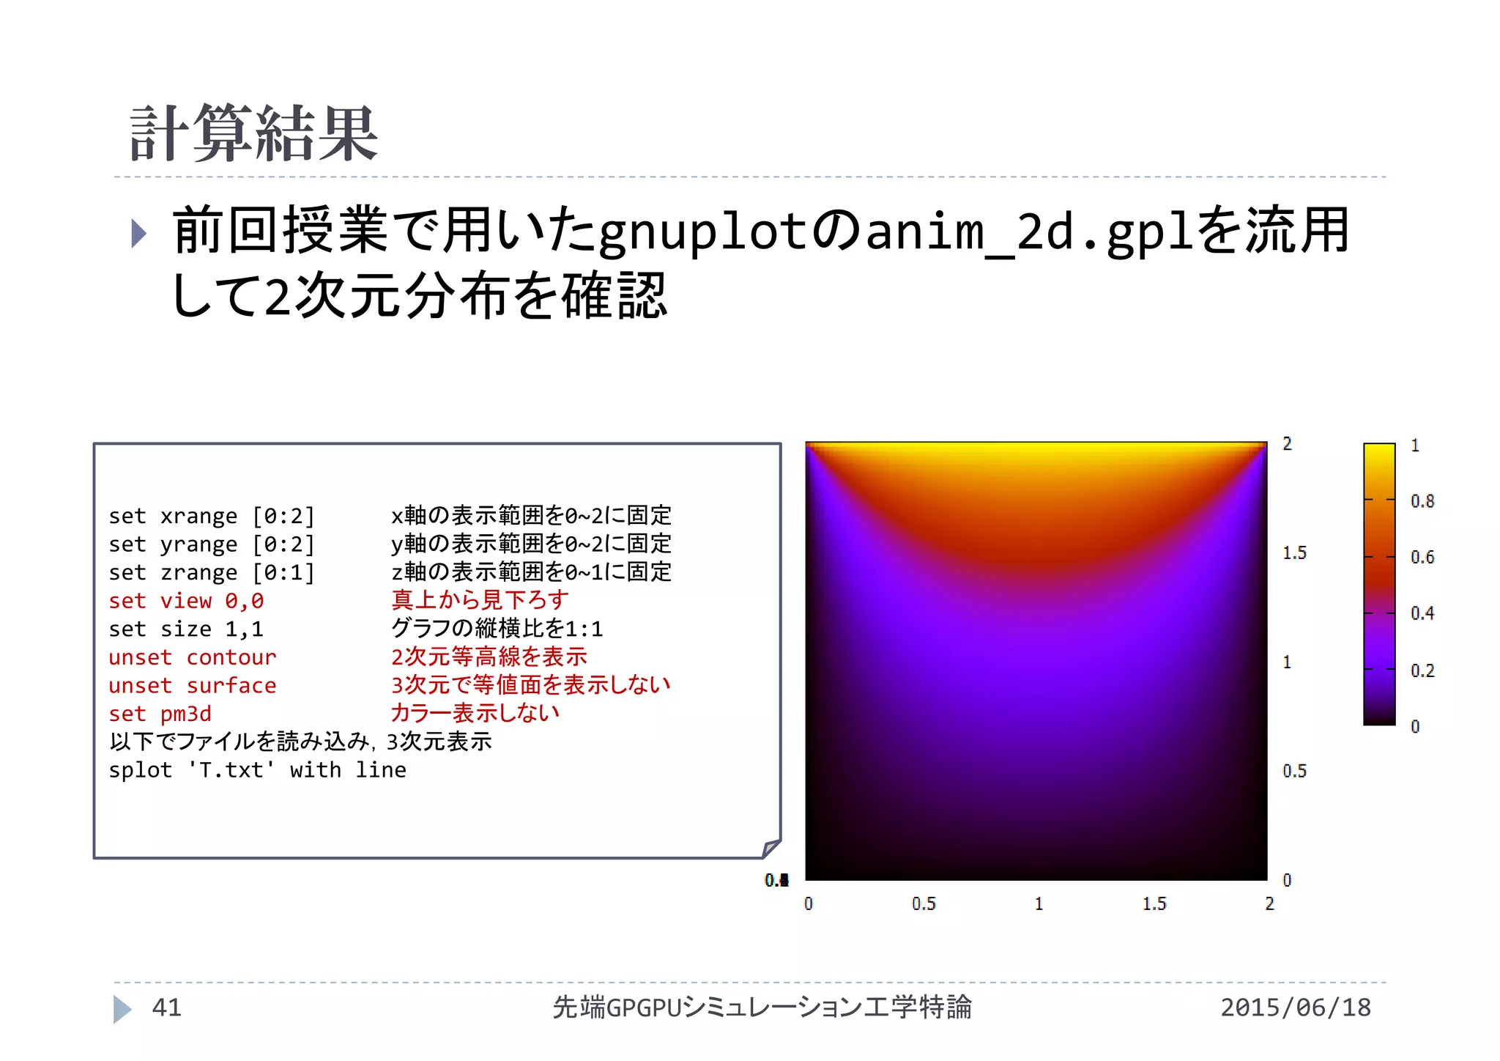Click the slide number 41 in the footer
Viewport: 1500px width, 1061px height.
pyautogui.click(x=166, y=1008)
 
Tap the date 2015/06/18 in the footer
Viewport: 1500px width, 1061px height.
pyautogui.click(x=1295, y=1008)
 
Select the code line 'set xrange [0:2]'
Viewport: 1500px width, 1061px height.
pyautogui.click(x=212, y=517)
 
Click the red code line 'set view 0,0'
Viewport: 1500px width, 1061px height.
pyautogui.click(x=186, y=601)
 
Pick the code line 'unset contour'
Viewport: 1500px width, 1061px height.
pyautogui.click(x=193, y=657)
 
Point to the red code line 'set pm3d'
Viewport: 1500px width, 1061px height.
pyautogui.click(x=160, y=714)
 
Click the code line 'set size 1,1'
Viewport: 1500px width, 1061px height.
pyautogui.click(x=186, y=629)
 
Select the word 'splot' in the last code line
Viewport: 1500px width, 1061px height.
pyautogui.click(x=140, y=770)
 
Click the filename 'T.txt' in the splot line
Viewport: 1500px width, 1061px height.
pyautogui.click(x=231, y=770)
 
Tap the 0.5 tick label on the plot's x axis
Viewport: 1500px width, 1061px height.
pyautogui.click(x=924, y=903)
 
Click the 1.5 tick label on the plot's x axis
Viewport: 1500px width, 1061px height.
pyautogui.click(x=1154, y=903)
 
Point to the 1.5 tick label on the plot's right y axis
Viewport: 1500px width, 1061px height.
pyautogui.click(x=1294, y=552)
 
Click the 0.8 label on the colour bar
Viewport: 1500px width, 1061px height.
pyautogui.click(x=1422, y=501)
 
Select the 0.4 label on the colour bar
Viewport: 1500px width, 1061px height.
pyautogui.click(x=1422, y=613)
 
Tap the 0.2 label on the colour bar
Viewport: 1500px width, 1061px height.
pyautogui.click(x=1422, y=670)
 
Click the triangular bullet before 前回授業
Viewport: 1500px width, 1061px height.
pyautogui.click(x=138, y=233)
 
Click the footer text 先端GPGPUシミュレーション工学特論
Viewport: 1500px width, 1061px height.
pyautogui.click(x=762, y=1008)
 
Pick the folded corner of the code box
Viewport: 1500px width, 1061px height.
pyautogui.click(x=771, y=848)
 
